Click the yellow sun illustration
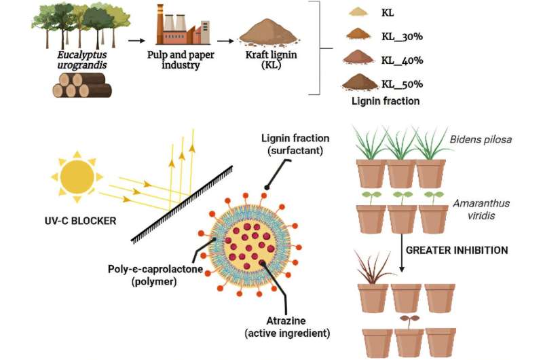pyautogui.click(x=76, y=178)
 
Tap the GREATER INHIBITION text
pyautogui.click(x=456, y=250)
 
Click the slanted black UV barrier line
pyautogui.click(x=183, y=201)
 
